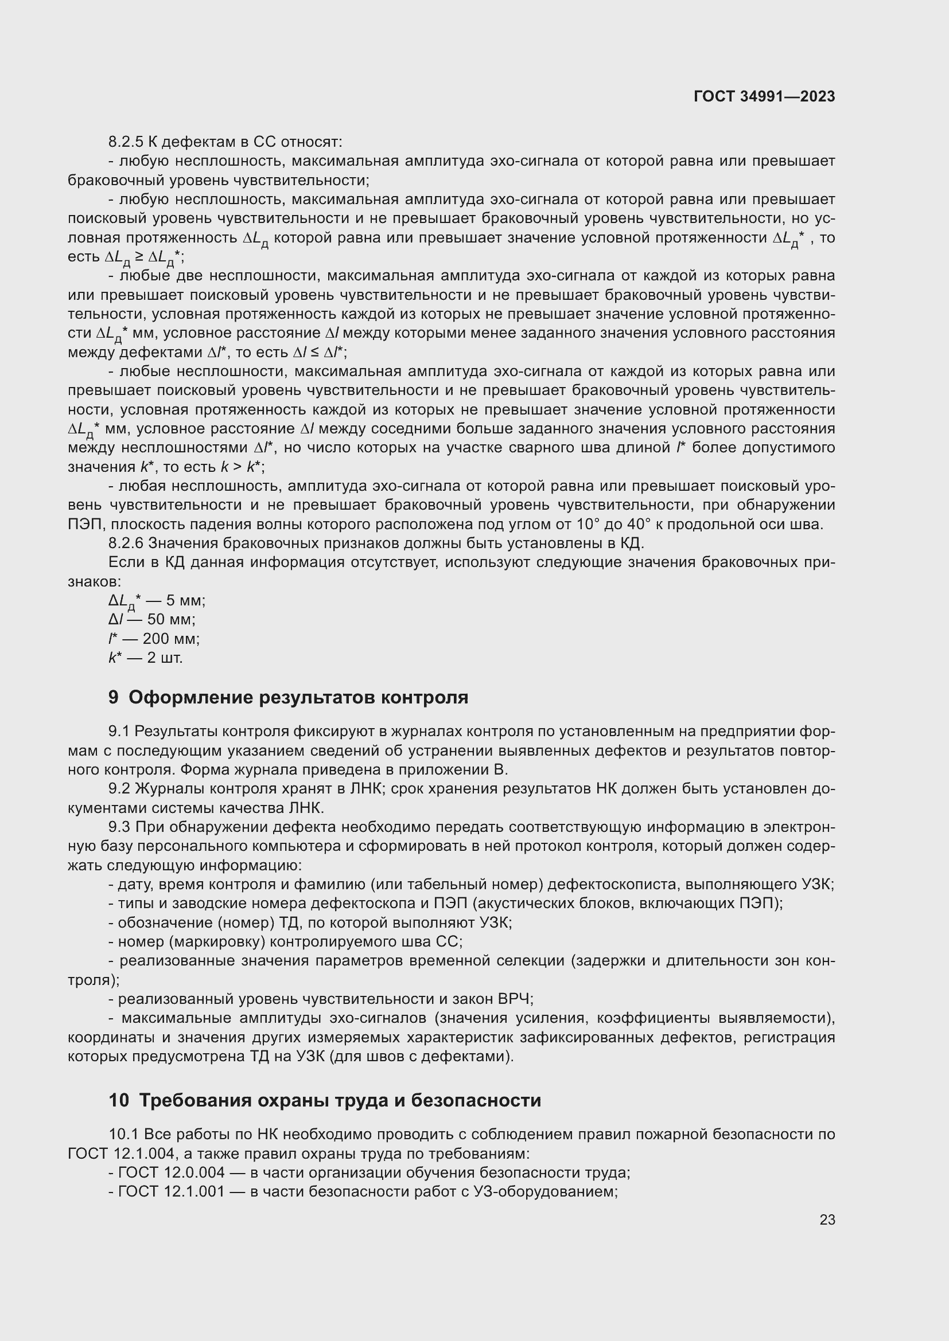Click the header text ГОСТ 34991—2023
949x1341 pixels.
[764, 97]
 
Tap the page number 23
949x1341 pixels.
[827, 1219]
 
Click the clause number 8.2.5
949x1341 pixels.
[125, 142]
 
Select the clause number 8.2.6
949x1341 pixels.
[125, 543]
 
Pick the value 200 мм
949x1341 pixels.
[170, 638]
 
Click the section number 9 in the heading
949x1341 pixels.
[114, 697]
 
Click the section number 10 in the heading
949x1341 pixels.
[119, 1100]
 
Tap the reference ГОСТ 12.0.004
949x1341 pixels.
[171, 1172]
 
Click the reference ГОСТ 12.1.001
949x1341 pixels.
[171, 1191]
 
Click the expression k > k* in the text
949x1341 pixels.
[241, 467]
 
